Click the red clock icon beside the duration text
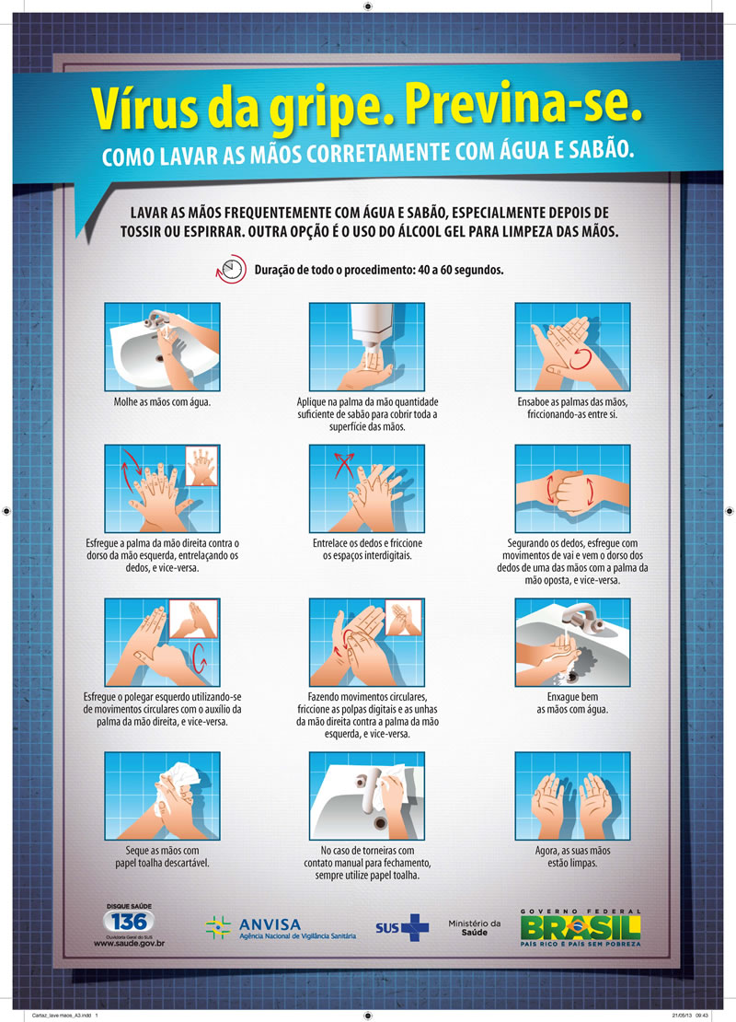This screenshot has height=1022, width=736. point(231,269)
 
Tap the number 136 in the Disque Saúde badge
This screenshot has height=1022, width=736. point(129,922)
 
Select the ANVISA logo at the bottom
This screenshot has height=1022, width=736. point(281,927)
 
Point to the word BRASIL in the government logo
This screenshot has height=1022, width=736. point(581,927)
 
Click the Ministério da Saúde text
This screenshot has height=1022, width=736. point(474,927)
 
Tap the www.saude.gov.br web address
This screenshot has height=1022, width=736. point(129,943)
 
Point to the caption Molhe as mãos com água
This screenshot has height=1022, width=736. point(162,402)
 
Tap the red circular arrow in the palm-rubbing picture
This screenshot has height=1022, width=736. point(581,359)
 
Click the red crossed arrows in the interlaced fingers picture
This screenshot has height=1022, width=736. point(343,465)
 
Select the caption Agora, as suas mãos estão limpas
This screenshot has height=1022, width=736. point(572,856)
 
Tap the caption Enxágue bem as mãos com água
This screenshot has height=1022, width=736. point(572,703)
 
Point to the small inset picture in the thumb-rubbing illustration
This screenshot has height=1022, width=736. point(193,620)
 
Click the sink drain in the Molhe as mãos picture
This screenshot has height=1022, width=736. point(160,358)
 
